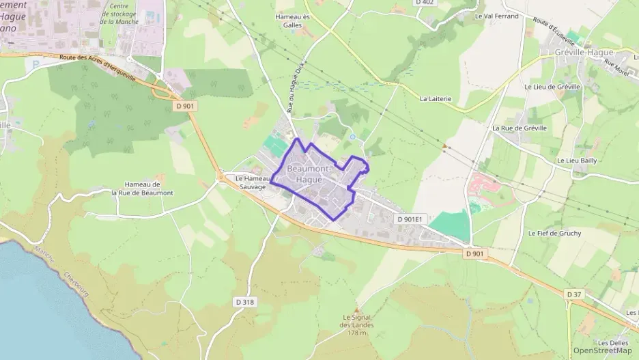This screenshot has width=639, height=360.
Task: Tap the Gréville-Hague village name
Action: (584, 52)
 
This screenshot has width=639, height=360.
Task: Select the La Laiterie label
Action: (436, 98)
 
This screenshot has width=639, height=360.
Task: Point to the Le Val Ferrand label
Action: (496, 15)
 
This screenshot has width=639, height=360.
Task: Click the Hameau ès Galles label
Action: (292, 20)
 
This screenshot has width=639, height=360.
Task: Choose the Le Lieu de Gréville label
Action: (552, 87)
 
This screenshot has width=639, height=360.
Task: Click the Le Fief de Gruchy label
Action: (555, 233)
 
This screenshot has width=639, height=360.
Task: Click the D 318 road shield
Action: (244, 301)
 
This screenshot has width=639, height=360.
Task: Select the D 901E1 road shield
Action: (410, 219)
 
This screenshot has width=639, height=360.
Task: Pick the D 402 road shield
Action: (425, 3)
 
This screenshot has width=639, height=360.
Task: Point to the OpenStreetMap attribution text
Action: (602, 350)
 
